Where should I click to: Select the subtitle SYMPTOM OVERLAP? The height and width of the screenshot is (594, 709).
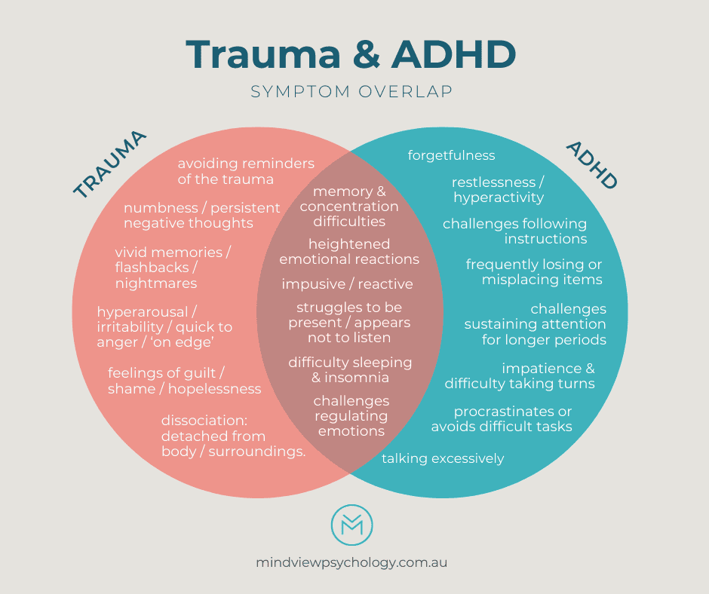pos(351,92)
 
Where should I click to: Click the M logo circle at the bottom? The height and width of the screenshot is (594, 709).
pos(352,525)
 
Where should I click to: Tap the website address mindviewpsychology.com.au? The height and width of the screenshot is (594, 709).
pos(352,562)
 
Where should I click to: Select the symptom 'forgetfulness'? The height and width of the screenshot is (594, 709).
pos(451,155)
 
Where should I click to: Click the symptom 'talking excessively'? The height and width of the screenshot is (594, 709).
pos(443,458)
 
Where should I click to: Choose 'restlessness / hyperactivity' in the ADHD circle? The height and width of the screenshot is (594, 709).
pos(498,190)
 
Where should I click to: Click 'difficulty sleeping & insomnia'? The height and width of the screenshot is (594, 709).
pos(350,369)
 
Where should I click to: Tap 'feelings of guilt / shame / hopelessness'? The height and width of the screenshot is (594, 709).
pos(184,381)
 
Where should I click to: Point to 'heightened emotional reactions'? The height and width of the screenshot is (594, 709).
pos(349,252)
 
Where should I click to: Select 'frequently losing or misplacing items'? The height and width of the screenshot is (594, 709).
pos(534,272)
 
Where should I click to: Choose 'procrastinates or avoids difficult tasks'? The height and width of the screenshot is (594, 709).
pos(502,419)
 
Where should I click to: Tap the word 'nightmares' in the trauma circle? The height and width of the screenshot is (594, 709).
pos(156,283)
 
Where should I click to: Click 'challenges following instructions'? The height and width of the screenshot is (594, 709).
pos(514,231)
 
